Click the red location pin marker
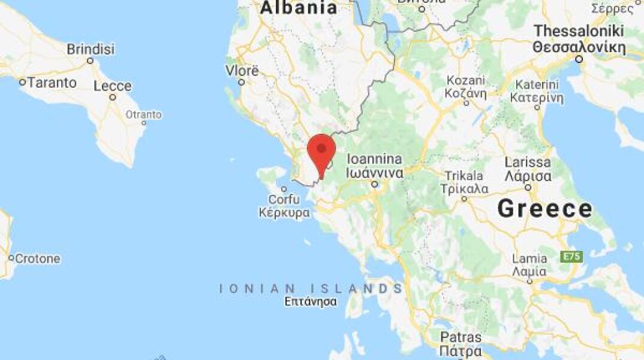[321, 151]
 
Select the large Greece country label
[544, 209]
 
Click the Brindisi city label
[91, 49]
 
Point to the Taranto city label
[52, 83]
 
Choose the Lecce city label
[112, 86]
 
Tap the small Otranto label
[143, 115]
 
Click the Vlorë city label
[242, 71]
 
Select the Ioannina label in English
[374, 160]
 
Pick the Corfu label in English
[284, 199]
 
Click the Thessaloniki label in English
[579, 31]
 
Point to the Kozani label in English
[465, 80]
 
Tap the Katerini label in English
[537, 85]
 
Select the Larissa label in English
[528, 162]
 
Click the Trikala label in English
[463, 176]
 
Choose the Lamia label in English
[529, 259]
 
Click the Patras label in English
[461, 337]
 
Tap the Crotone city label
[37, 259]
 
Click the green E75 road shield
[571, 257]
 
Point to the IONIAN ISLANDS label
[311, 289]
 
